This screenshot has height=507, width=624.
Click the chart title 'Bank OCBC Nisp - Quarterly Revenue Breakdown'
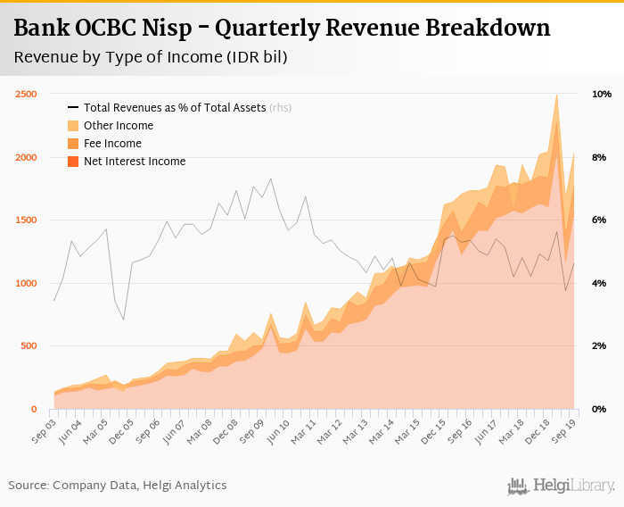click(x=282, y=29)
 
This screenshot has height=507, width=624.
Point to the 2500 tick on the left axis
click(x=25, y=95)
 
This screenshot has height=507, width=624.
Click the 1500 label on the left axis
click(x=25, y=220)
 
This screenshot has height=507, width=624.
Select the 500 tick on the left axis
click(x=28, y=346)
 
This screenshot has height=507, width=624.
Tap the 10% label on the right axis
click(x=601, y=95)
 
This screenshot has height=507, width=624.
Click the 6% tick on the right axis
click(x=600, y=220)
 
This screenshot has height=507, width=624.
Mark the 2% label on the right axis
click(x=600, y=346)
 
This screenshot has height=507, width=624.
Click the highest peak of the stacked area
click(x=556, y=95)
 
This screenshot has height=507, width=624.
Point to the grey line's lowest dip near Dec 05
click(x=123, y=320)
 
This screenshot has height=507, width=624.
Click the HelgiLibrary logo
click(x=562, y=486)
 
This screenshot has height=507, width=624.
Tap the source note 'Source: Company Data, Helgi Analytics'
click(x=118, y=486)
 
